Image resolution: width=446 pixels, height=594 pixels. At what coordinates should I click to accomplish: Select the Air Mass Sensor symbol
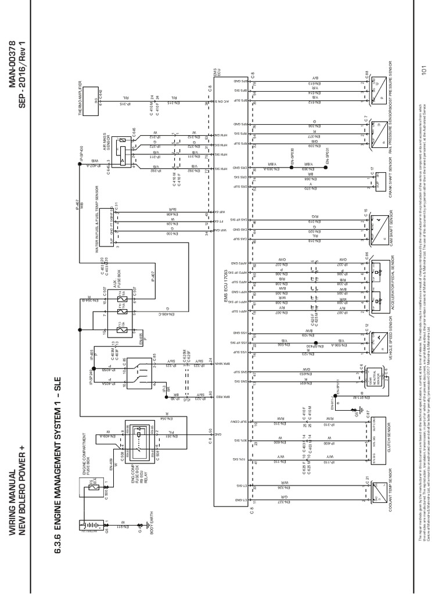(x=124, y=153)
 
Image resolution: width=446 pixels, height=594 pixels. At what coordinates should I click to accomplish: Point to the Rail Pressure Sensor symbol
(x=378, y=132)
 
